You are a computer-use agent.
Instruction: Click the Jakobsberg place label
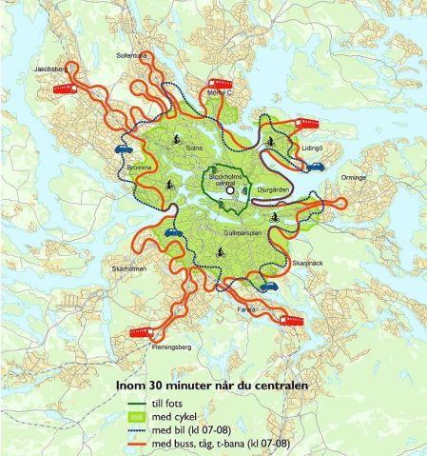click(48, 70)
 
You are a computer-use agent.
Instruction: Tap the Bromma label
click(140, 168)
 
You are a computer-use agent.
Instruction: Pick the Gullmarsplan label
click(223, 232)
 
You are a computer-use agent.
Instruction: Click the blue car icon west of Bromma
click(123, 149)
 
